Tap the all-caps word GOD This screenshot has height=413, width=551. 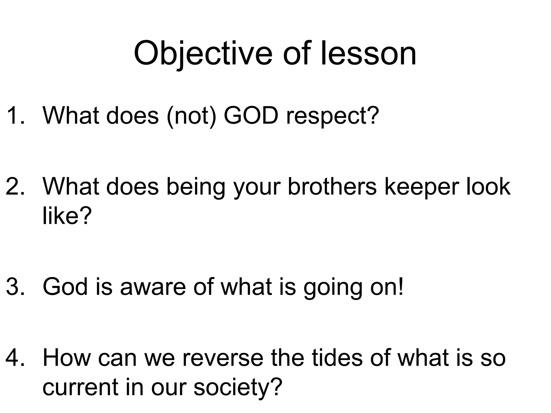251,116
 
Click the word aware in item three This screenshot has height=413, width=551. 153,287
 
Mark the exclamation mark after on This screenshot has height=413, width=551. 401,287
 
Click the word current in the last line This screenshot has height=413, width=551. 81,387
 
